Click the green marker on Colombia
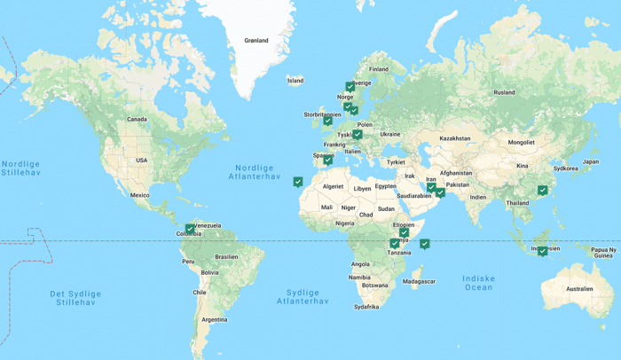[190, 229]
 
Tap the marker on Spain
[327, 160]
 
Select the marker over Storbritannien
[327, 120]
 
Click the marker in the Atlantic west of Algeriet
[298, 182]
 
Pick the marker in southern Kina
[542, 191]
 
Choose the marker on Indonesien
[542, 251]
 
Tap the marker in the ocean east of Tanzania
[425, 244]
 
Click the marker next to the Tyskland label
[357, 135]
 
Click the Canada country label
[137, 119]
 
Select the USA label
[142, 160]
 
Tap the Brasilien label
[226, 257]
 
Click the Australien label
[579, 289]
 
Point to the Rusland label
[504, 92]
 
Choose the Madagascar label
[419, 282]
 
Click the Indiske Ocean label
[478, 283]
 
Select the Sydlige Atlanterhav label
[303, 297]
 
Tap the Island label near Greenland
[295, 81]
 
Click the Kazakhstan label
[454, 138]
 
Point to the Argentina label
[215, 319]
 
